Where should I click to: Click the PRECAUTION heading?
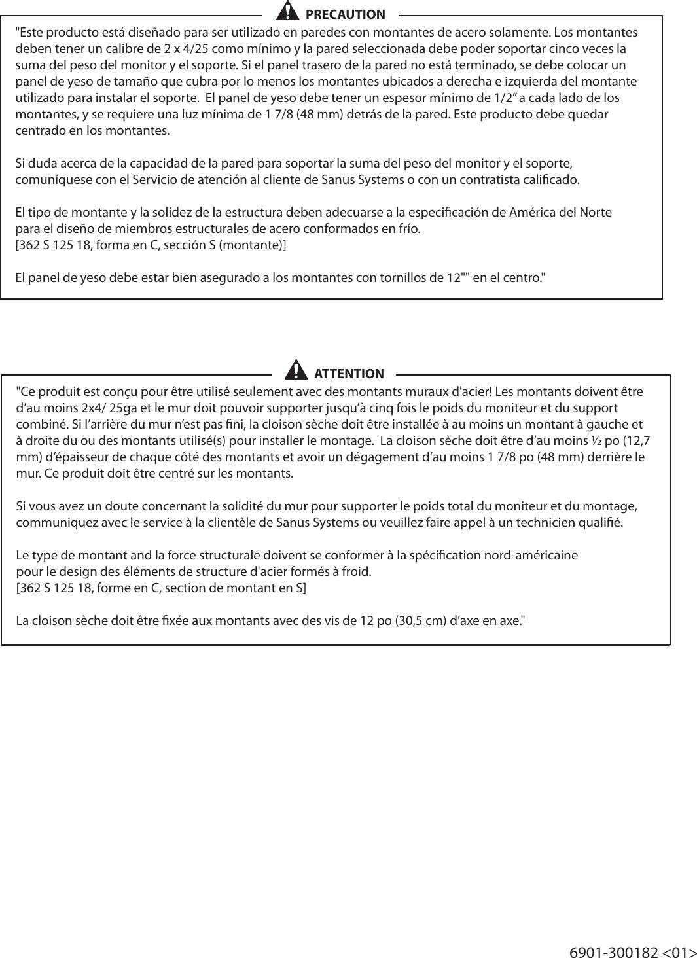click(345, 14)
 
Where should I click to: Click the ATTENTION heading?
click(349, 374)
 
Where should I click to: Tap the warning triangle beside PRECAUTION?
click(285, 12)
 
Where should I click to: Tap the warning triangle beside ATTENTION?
click(296, 370)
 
